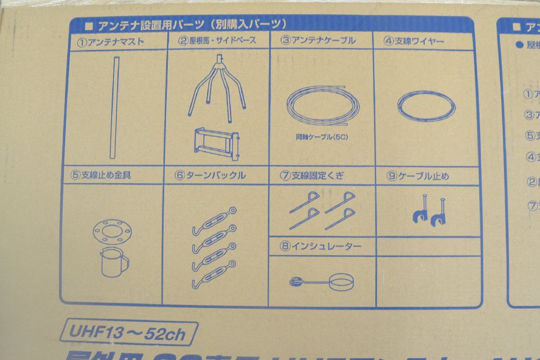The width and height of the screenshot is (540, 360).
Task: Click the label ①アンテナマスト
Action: point(110,42)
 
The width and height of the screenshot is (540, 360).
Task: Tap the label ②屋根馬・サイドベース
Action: point(217,40)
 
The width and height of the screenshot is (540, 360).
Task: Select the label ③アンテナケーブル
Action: point(318,40)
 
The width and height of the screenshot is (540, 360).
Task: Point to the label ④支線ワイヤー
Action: point(414,41)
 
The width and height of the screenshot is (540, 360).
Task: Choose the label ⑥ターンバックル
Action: point(210,175)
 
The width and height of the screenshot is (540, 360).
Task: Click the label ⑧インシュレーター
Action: point(320,246)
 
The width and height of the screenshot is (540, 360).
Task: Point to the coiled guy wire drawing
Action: point(426,106)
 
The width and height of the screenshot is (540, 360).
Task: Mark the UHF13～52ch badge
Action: point(131,333)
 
